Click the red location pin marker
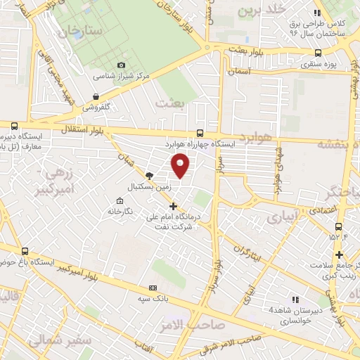tap(181, 166)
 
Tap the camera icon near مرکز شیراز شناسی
tap(121, 65)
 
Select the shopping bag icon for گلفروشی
tap(96, 98)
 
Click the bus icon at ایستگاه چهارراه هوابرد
tap(200, 133)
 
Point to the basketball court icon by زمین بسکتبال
tap(148, 176)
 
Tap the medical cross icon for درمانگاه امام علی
tap(174, 206)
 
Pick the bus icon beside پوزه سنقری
tap(319, 53)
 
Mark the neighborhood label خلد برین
tap(264, 11)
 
